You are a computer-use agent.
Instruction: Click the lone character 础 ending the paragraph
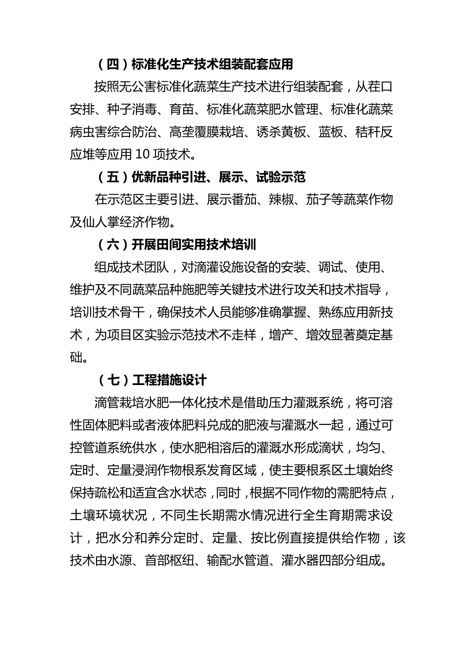point(76,357)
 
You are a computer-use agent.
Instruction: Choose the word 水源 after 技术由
point(119,561)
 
